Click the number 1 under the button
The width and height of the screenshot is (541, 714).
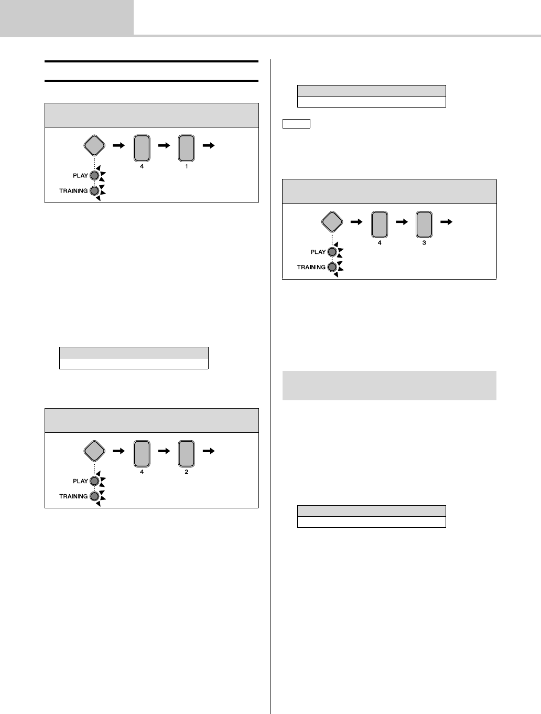pos(186,167)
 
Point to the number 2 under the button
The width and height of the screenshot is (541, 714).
pos(186,472)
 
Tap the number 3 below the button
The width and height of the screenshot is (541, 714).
pos(424,243)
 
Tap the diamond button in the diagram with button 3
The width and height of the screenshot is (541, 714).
pos(332,222)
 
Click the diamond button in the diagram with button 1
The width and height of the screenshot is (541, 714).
pos(94,146)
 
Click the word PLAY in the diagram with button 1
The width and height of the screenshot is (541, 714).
pos(80,176)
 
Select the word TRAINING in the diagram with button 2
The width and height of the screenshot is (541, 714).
pos(73,496)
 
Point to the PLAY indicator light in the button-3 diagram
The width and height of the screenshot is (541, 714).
pos(332,252)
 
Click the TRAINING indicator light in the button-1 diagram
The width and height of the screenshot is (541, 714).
pos(94,191)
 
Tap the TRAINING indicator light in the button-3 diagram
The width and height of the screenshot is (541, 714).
pos(332,267)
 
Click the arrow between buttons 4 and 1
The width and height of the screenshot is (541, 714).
pos(164,146)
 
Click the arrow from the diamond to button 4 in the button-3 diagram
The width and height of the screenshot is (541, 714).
pos(356,222)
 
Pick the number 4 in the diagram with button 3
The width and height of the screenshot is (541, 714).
pos(379,243)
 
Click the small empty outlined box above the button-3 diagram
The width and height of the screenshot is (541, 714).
pos(296,124)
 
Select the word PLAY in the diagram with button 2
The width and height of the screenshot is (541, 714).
pos(80,481)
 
